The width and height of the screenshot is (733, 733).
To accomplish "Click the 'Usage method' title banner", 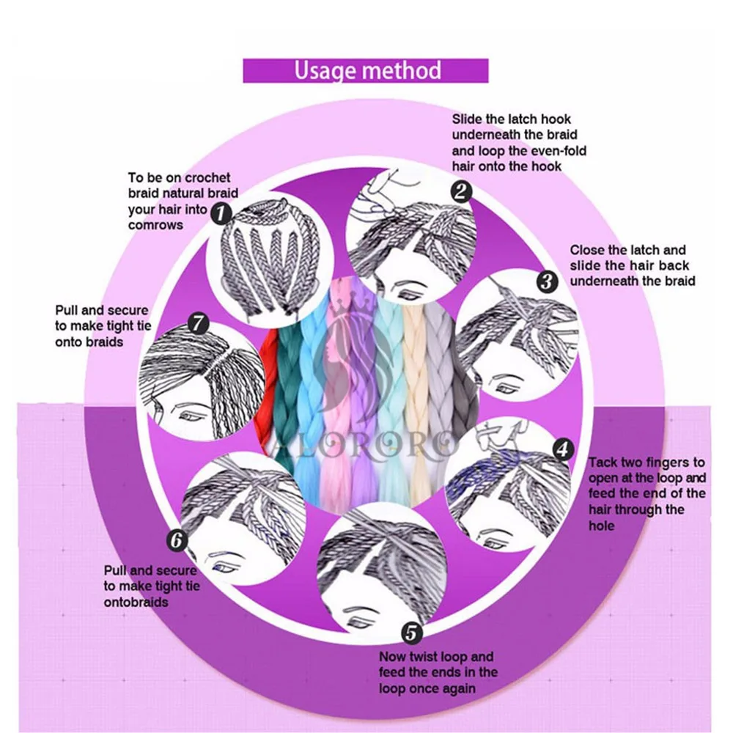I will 366,70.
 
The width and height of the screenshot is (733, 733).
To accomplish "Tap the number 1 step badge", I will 221,213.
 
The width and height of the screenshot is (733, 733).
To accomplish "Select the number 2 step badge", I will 461,193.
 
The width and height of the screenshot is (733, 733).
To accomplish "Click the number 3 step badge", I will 545,281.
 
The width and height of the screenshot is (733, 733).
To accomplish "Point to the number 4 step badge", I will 562,449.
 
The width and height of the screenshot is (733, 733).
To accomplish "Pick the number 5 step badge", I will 413,633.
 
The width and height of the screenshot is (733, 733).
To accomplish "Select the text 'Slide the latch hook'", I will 511,119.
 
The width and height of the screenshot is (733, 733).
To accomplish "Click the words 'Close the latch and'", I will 627,250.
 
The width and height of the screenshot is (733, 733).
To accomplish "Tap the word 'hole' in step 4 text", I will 602,526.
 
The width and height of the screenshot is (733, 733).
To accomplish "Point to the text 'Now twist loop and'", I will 436,657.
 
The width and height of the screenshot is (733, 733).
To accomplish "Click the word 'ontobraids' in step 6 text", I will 136,602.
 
